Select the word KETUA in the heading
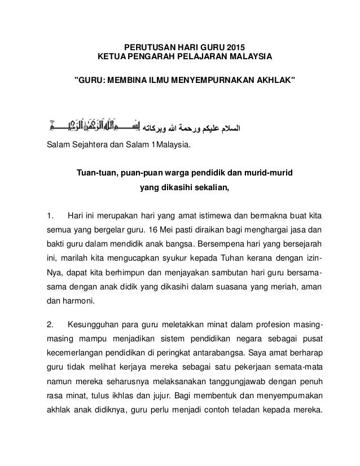pyautogui.click(x=112, y=57)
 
